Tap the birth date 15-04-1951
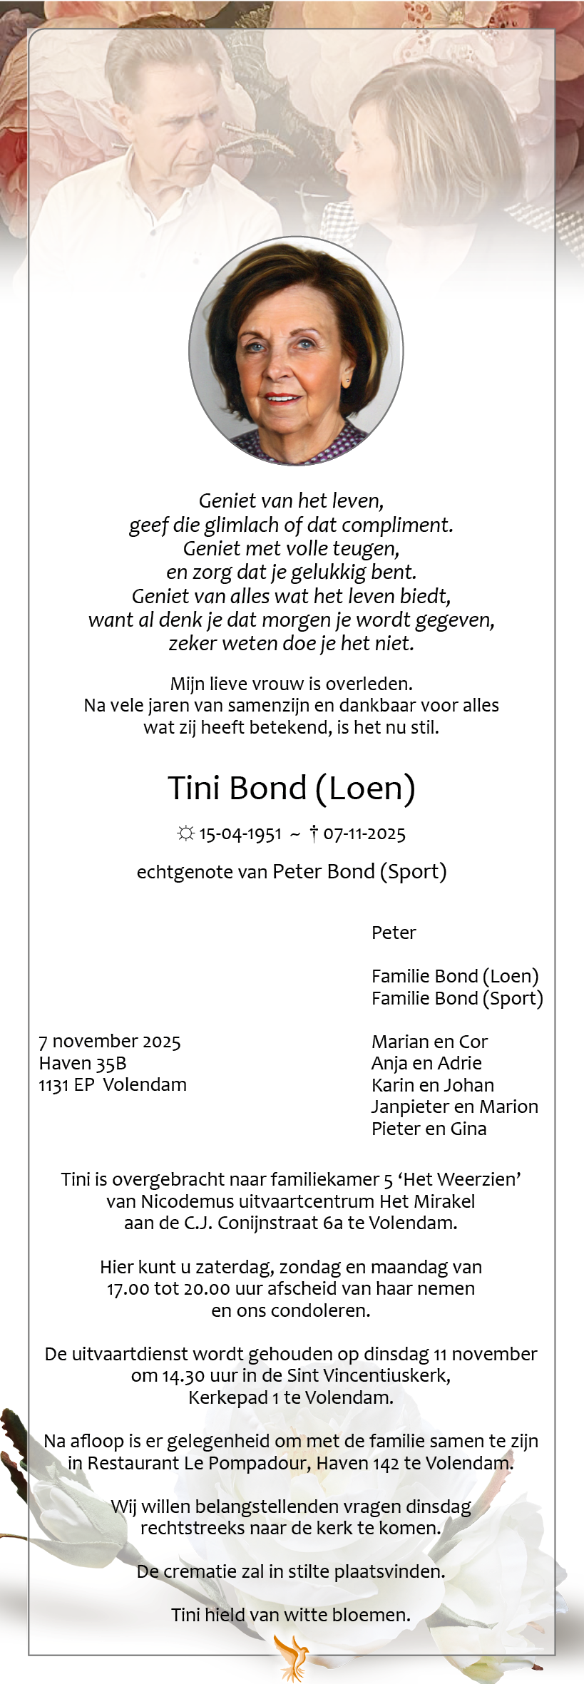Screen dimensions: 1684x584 pyautogui.click(x=240, y=833)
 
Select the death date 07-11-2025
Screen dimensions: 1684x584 pyautogui.click(x=364, y=833)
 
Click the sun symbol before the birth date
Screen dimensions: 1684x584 pyautogui.click(x=185, y=833)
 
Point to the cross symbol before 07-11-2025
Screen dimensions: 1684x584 pyautogui.click(x=313, y=833)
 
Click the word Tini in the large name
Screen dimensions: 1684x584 pyautogui.click(x=193, y=788)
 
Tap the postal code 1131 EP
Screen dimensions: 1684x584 pyautogui.click(x=66, y=1085)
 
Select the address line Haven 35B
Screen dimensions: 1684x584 pyautogui.click(x=83, y=1063)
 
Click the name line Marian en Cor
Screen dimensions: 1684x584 pyautogui.click(x=429, y=1042)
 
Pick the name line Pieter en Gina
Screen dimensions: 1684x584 pyautogui.click(x=429, y=1129)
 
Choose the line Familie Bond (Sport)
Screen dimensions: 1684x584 pyautogui.click(x=457, y=998)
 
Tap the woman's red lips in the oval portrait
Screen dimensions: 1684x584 pyautogui.click(x=284, y=398)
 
